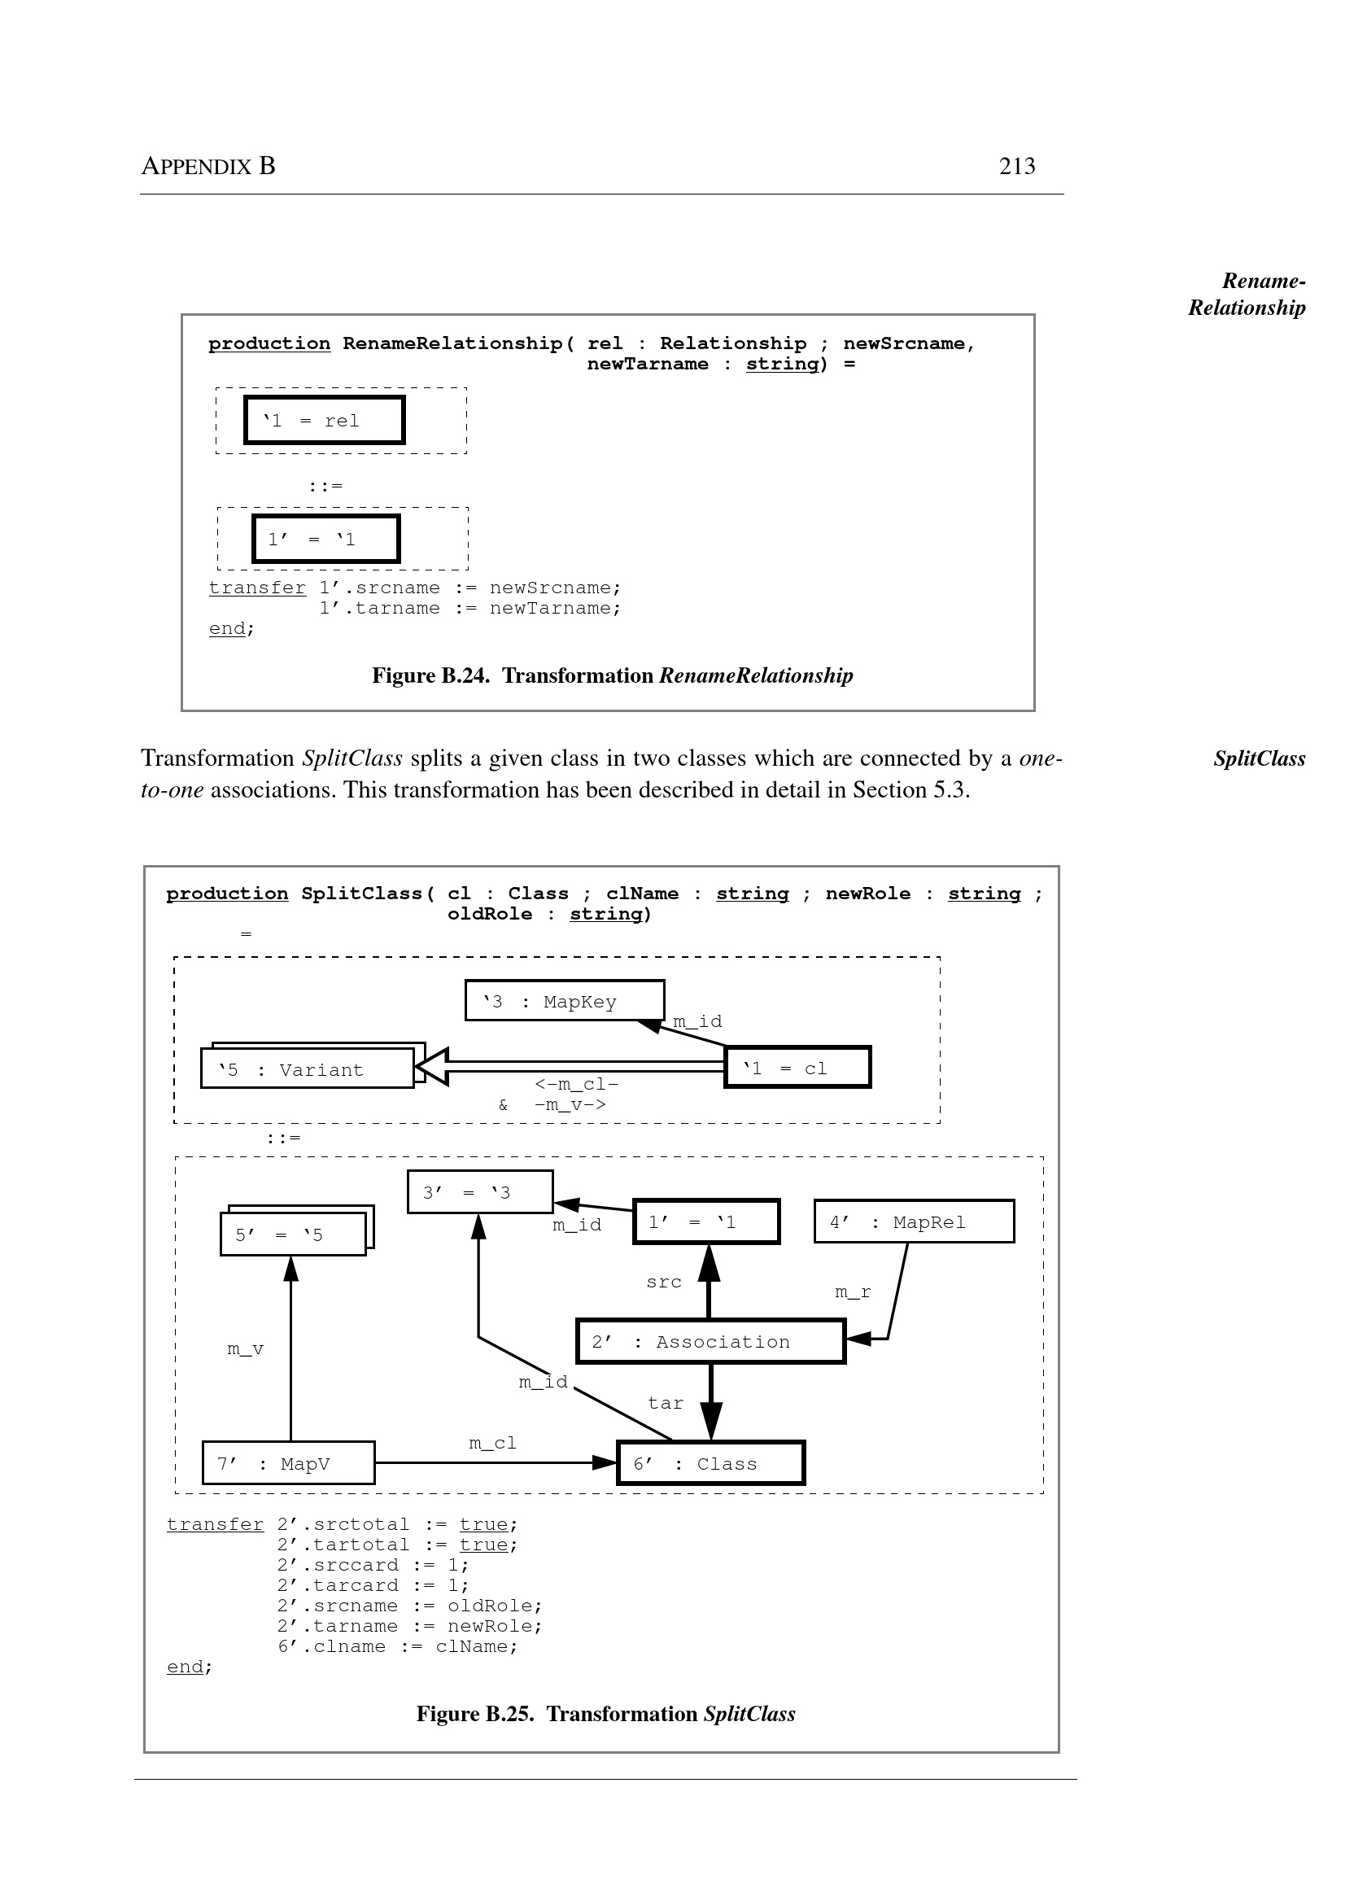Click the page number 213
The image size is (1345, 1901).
coord(1016,167)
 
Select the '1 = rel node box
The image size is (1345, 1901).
coord(324,420)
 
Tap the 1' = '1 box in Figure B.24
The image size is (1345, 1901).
coord(325,540)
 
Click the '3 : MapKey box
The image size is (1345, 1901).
coord(564,1001)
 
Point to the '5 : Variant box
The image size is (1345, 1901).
coord(308,1068)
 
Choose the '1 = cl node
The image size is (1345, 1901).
coord(797,1068)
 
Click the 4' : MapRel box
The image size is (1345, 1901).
coord(914,1221)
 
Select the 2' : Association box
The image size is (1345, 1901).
coord(710,1341)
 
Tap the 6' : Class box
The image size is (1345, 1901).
coord(710,1464)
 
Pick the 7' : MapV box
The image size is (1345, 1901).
coord(288,1464)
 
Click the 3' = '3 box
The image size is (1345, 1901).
coord(479,1192)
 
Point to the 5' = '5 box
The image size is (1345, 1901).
coord(292,1235)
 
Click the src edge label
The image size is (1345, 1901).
coord(663,1283)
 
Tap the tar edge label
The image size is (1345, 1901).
coord(665,1403)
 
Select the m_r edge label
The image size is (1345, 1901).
coord(852,1292)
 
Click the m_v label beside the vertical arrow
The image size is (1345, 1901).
coord(245,1349)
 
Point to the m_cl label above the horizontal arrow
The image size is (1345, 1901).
coord(492,1443)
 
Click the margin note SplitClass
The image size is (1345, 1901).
coord(1259,758)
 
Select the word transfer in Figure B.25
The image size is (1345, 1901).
coord(215,1524)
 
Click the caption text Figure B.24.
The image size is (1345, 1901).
coord(430,676)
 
